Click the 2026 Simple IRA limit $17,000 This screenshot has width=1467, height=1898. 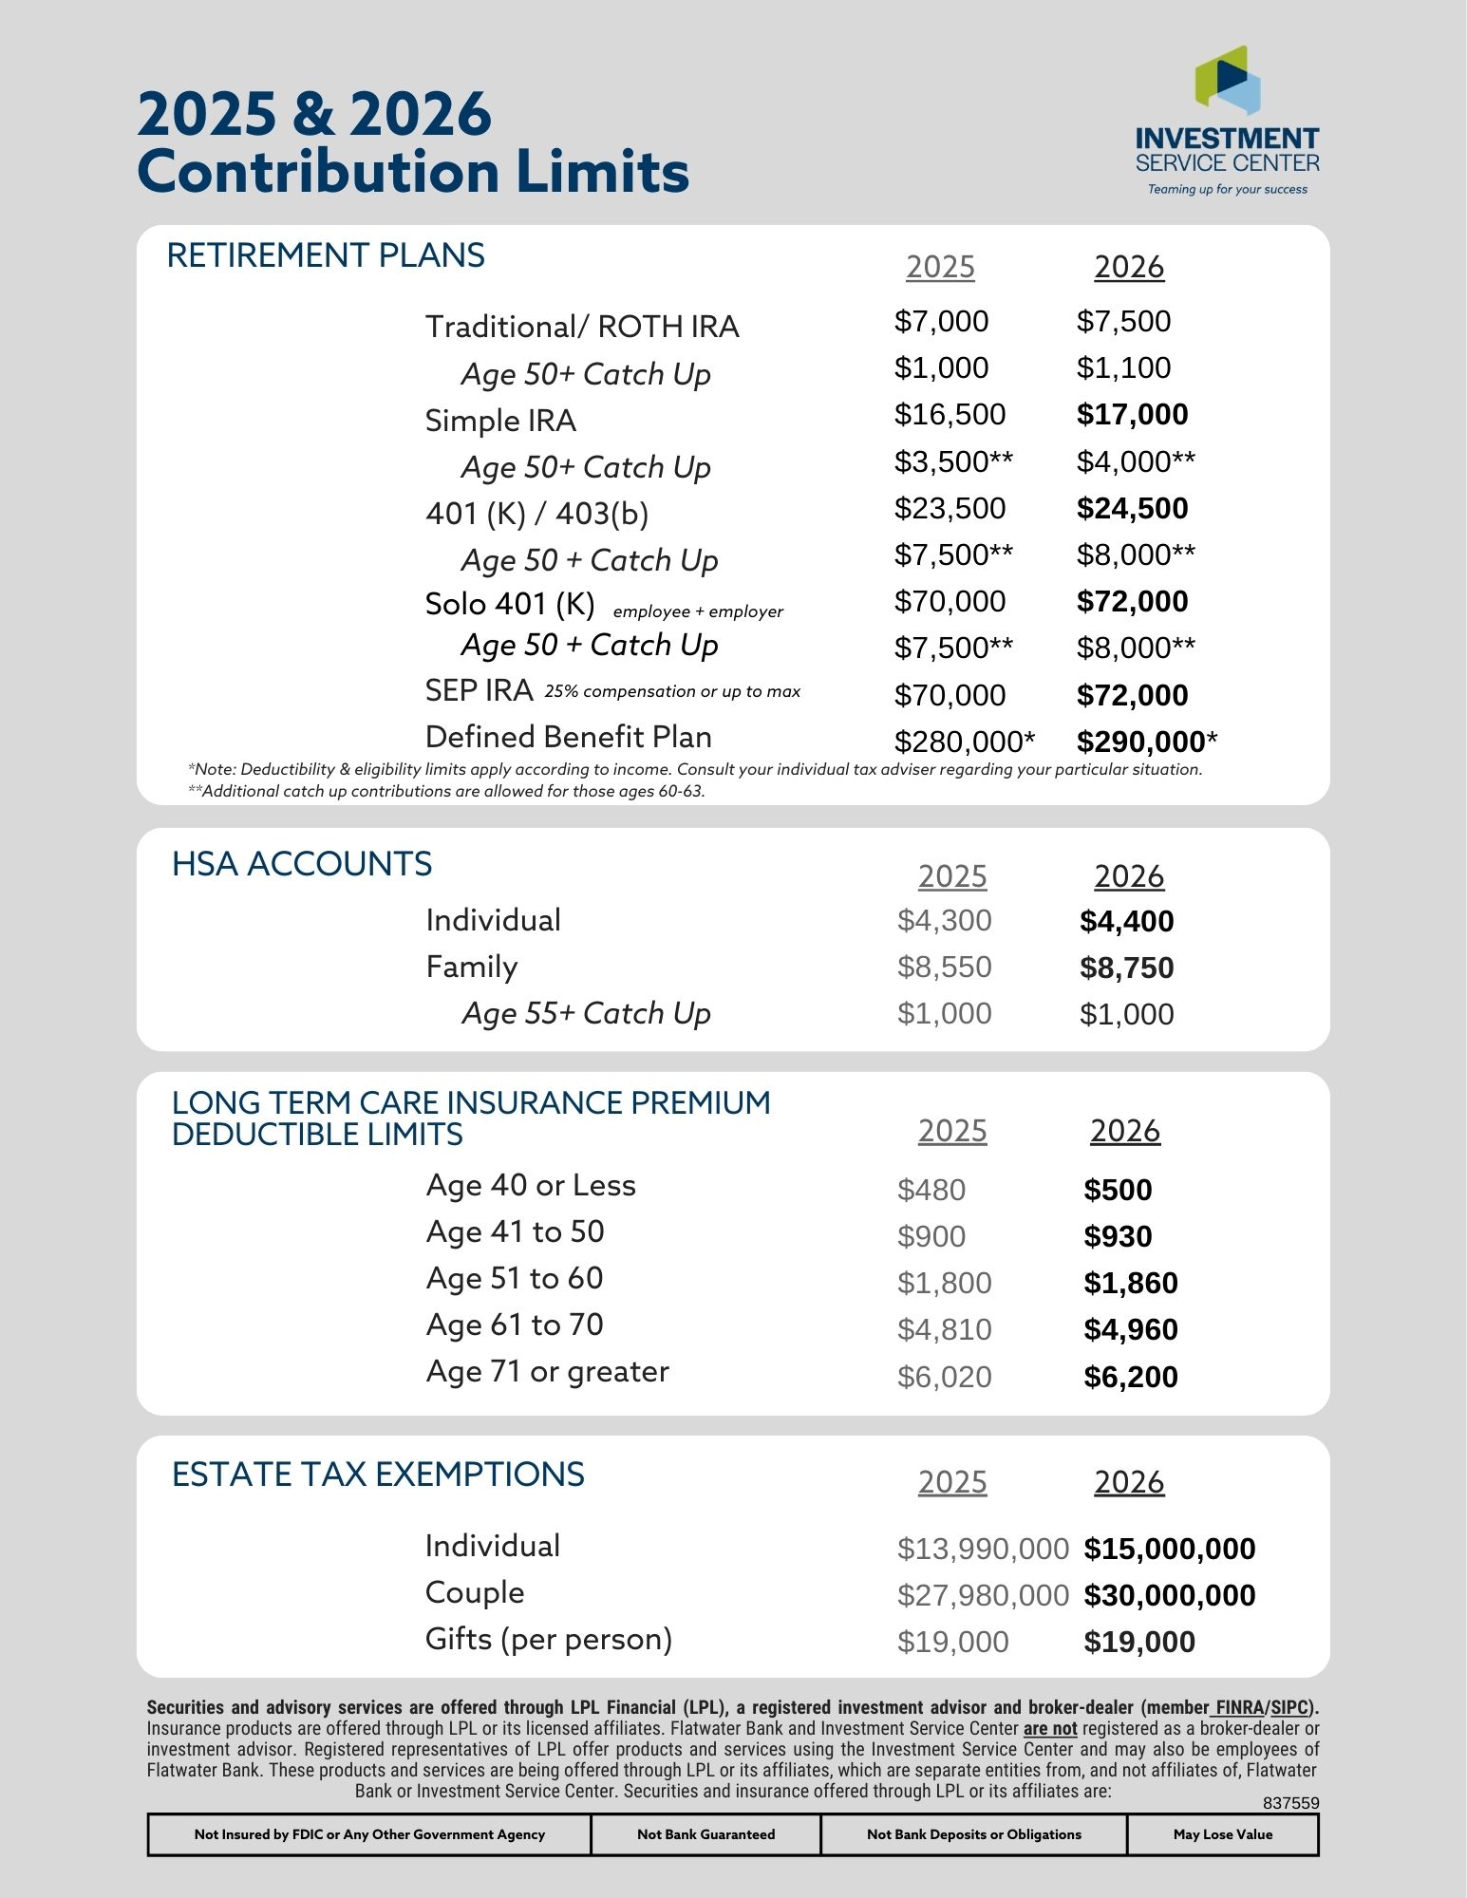pos(1132,414)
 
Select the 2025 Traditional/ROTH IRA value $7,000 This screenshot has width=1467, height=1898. pos(941,321)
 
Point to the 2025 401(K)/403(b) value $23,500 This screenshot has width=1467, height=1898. pos(950,508)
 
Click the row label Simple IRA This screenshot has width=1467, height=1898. pos(500,421)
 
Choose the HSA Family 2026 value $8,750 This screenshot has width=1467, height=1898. pos(1126,968)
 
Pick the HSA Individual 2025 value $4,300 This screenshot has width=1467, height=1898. pos(944,920)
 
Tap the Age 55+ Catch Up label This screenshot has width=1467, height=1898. pos(586,1013)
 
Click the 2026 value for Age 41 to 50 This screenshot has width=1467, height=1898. pos(1118,1236)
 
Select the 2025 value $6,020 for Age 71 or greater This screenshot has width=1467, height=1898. pos(944,1377)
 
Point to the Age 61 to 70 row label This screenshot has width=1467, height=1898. pos(515,1325)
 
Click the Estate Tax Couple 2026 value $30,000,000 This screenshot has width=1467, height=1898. pos(1169,1595)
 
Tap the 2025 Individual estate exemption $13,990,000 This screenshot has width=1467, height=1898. pos(983,1549)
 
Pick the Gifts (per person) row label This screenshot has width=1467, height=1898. pos(549,1640)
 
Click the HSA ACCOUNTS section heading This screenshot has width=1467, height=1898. pos(302,864)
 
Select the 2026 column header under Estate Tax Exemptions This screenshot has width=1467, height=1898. pos(1128,1482)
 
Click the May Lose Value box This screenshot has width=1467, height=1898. pos(1222,1834)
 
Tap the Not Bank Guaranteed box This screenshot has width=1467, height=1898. pos(705,1834)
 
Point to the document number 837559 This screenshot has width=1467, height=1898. pos(1290,1803)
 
